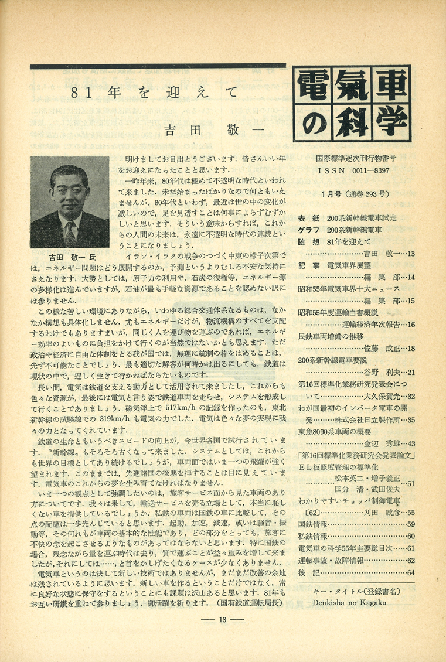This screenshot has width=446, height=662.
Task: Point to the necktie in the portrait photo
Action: (70, 233)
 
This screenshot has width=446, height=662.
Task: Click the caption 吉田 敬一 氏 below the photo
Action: (70, 257)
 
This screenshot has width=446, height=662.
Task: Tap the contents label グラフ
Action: (309, 229)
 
